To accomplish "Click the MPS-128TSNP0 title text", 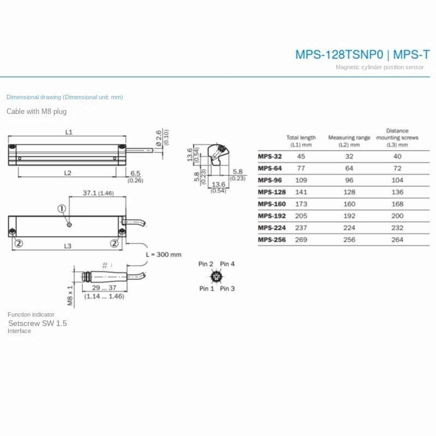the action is pos(339,55).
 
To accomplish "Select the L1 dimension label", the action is pos(69,132).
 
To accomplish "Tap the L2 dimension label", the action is pos(68,173).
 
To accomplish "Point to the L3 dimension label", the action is pos(68,246).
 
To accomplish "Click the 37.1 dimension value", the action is pos(89,193).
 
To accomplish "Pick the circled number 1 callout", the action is pos(62,209).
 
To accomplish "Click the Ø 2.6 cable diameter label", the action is pos(159,138).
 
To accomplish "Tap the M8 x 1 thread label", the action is pos(70,295).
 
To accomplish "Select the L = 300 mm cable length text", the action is pos(163,255).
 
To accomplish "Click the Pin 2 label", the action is pos(206,264).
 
